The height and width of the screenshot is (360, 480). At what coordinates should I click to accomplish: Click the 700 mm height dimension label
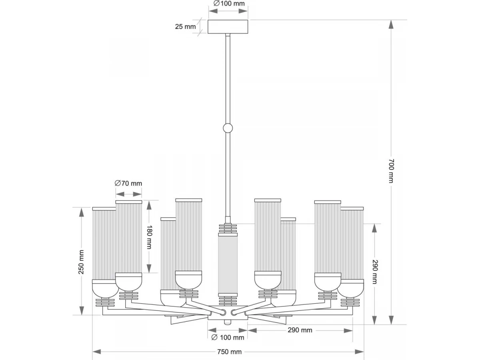[391, 171]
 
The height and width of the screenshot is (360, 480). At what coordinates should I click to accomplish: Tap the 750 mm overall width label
[229, 352]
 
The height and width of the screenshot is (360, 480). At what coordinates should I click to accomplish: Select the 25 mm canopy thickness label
[185, 26]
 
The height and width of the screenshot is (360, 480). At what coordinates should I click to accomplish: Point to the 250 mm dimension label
[81, 262]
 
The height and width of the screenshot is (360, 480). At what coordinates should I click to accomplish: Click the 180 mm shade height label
[149, 237]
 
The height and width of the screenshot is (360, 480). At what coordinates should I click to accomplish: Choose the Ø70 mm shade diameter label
[128, 183]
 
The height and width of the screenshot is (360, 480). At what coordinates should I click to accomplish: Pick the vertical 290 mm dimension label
[375, 272]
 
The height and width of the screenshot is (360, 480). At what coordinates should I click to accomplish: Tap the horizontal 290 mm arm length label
[300, 330]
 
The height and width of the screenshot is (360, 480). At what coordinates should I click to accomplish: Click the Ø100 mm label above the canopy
[229, 4]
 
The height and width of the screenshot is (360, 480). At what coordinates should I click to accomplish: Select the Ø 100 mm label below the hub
[228, 338]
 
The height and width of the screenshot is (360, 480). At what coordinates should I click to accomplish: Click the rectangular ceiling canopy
[228, 27]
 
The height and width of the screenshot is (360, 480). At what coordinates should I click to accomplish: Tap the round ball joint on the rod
[228, 128]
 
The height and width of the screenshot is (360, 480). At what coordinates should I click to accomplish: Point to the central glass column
[228, 265]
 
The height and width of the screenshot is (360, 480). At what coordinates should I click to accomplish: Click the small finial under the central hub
[228, 322]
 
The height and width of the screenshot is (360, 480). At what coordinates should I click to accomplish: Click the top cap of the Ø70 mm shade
[128, 202]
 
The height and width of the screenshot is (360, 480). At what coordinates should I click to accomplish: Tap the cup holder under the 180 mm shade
[128, 282]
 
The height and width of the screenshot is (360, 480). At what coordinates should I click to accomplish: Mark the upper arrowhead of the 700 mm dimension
[391, 24]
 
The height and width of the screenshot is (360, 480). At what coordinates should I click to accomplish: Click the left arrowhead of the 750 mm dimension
[97, 352]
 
